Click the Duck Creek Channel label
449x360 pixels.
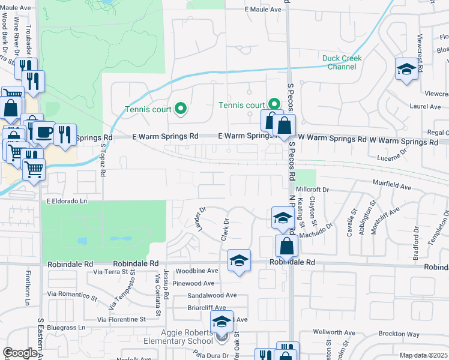339,62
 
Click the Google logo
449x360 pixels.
20,353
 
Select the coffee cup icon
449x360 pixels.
43,133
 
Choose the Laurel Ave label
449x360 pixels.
425,107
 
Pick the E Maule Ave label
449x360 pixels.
263,10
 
